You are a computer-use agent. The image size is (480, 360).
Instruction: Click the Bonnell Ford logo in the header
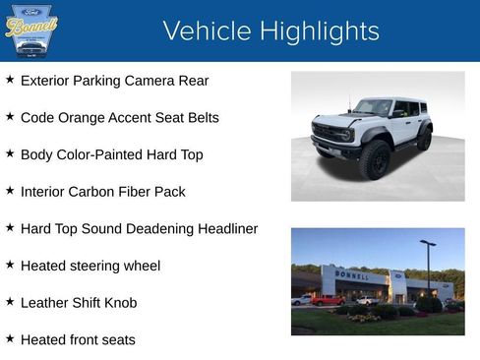(31, 30)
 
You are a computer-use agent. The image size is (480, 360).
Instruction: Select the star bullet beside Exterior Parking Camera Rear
(10, 80)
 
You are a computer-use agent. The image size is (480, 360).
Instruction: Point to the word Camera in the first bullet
(164, 81)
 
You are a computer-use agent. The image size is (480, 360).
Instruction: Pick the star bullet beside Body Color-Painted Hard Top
(10, 153)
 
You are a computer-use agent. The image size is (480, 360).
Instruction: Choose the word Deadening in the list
(159, 229)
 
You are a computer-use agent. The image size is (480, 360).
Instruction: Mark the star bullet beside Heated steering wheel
(10, 265)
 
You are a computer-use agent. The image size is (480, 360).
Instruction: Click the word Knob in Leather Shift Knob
(119, 303)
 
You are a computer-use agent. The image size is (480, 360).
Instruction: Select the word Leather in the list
(45, 303)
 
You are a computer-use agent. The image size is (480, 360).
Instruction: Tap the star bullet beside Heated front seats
(10, 338)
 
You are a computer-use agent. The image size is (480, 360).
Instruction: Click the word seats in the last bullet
(116, 340)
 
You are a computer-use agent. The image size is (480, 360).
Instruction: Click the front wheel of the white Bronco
(375, 159)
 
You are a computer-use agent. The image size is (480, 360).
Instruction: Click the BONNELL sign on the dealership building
(352, 275)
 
